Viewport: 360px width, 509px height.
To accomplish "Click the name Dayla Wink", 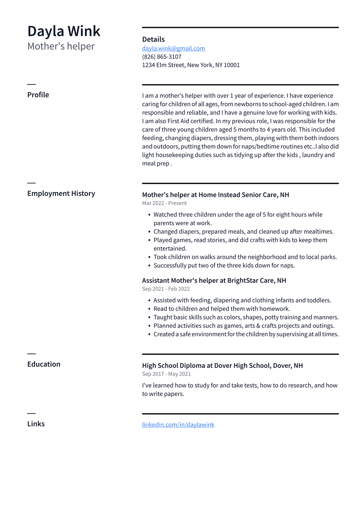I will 64,31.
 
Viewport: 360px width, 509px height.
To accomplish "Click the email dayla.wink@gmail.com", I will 173,49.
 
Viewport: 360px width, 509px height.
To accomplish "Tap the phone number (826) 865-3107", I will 162,57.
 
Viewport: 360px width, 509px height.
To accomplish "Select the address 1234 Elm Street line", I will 191,65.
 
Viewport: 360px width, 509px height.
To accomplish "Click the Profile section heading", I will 38,95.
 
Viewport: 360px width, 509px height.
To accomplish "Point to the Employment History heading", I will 61,193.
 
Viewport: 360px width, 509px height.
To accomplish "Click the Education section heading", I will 44,364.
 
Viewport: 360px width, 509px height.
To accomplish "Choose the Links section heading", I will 36,424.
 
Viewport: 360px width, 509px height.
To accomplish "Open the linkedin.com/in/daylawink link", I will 178,425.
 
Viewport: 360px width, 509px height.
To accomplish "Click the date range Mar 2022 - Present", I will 164,203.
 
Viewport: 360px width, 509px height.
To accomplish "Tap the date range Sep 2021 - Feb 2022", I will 166,289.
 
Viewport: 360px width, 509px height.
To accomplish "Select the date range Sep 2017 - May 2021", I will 166,374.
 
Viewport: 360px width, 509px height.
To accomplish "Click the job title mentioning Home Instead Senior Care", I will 216,195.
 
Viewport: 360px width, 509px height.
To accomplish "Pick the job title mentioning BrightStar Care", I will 214,280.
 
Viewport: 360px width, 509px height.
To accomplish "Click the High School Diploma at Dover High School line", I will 222,365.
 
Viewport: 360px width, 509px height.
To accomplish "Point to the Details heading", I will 153,39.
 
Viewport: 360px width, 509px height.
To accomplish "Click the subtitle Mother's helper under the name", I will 61,46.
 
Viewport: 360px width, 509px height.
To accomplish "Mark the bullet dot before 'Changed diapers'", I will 149,232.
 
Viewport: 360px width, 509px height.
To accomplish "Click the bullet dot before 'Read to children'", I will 149,309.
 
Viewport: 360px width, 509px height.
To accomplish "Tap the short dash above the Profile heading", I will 31,84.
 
